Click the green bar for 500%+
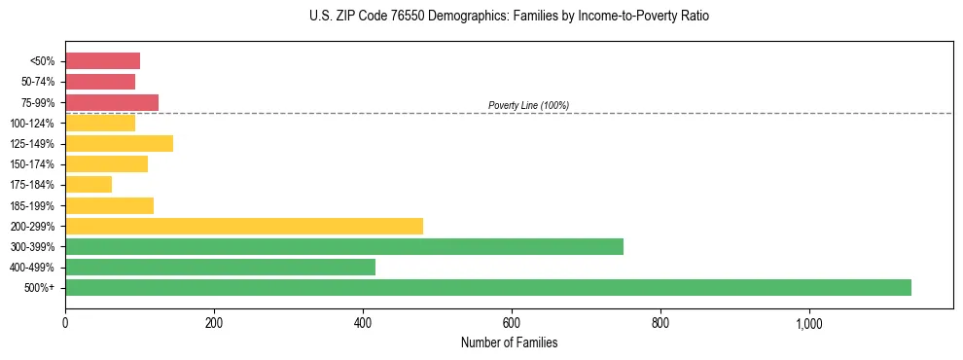pyautogui.click(x=487, y=287)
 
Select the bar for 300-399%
pyautogui.click(x=343, y=246)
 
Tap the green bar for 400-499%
pyautogui.click(x=220, y=267)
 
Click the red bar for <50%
pyautogui.click(x=102, y=61)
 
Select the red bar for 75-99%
pyautogui.click(x=112, y=102)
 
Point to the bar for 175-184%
pyautogui.click(x=89, y=184)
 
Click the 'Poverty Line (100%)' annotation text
pyautogui.click(x=528, y=105)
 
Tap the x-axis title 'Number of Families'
pyautogui.click(x=509, y=342)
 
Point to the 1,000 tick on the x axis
pyautogui.click(x=809, y=322)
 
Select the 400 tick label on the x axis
pyautogui.click(x=363, y=322)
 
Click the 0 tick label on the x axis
pyautogui.click(x=65, y=322)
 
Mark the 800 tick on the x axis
pyautogui.click(x=660, y=322)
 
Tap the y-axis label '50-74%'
pyautogui.click(x=38, y=82)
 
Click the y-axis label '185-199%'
pyautogui.click(x=34, y=205)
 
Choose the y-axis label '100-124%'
pyautogui.click(x=34, y=123)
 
